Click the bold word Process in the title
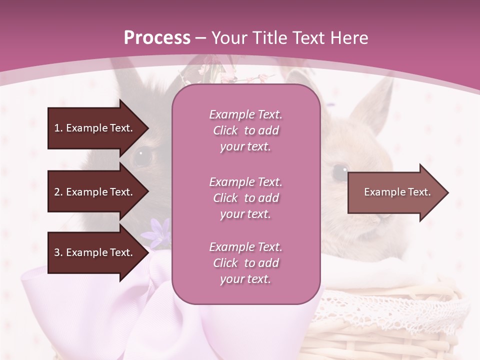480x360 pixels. click(x=157, y=38)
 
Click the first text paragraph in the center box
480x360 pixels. click(x=245, y=130)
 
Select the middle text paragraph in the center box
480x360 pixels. click(x=245, y=198)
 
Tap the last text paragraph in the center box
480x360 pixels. click(x=245, y=263)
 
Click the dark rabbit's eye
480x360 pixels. click(x=142, y=156)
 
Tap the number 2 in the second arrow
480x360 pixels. click(x=57, y=192)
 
